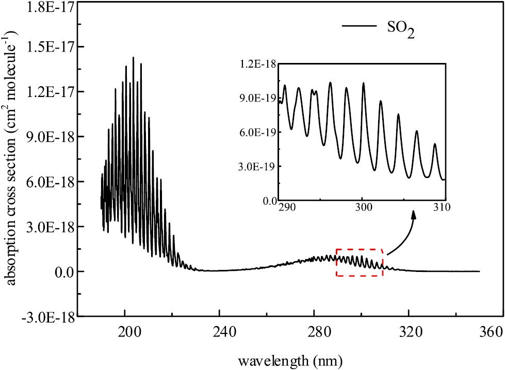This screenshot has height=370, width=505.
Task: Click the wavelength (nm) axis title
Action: [x=286, y=358]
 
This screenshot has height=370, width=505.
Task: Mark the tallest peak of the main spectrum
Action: [x=133, y=58]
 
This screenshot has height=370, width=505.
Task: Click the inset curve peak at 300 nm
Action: [x=363, y=83]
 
